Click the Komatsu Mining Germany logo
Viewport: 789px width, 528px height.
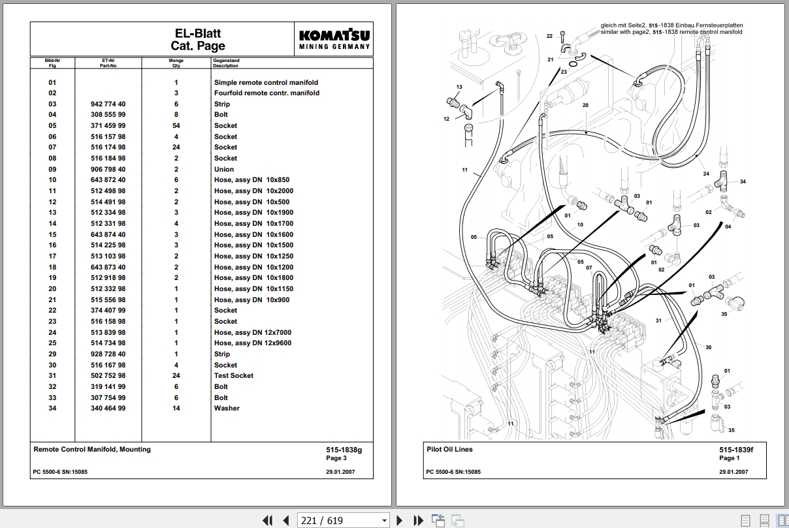334,39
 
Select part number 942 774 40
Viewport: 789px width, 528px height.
108,104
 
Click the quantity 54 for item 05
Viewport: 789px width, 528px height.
176,126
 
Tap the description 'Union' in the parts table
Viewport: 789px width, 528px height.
224,169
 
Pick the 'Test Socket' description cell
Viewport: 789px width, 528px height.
234,375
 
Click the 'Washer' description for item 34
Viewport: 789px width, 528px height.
227,409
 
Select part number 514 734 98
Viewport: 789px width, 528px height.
108,343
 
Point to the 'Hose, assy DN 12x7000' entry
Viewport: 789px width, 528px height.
253,333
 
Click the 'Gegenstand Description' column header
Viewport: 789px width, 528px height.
226,63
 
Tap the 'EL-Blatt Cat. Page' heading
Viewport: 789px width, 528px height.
198,39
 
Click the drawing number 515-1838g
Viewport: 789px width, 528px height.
344,450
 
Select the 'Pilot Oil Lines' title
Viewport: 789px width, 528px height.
449,450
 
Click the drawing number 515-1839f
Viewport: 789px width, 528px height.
736,450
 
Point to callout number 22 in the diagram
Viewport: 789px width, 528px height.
549,36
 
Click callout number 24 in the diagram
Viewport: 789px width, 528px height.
706,174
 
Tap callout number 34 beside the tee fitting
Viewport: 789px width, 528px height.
743,181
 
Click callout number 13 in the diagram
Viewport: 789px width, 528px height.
459,87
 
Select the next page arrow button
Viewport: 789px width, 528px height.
399,520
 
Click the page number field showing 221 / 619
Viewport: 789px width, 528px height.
343,520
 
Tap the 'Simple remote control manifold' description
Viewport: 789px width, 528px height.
266,83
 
